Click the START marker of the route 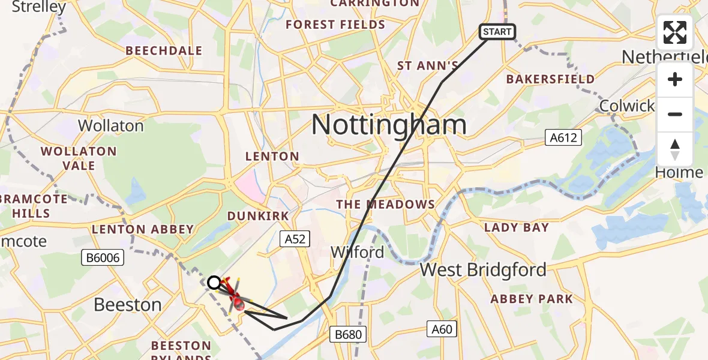[497, 32]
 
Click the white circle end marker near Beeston [214, 283]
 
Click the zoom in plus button [675, 79]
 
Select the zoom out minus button [675, 114]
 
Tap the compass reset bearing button [675, 149]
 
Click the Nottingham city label [388, 125]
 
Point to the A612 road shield [563, 138]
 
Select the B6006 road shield [102, 258]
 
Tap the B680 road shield [348, 333]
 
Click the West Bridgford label [483, 270]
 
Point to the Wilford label [358, 253]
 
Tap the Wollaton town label [111, 126]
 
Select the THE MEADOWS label [385, 205]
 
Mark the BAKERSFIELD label [550, 79]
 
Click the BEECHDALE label [164, 51]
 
